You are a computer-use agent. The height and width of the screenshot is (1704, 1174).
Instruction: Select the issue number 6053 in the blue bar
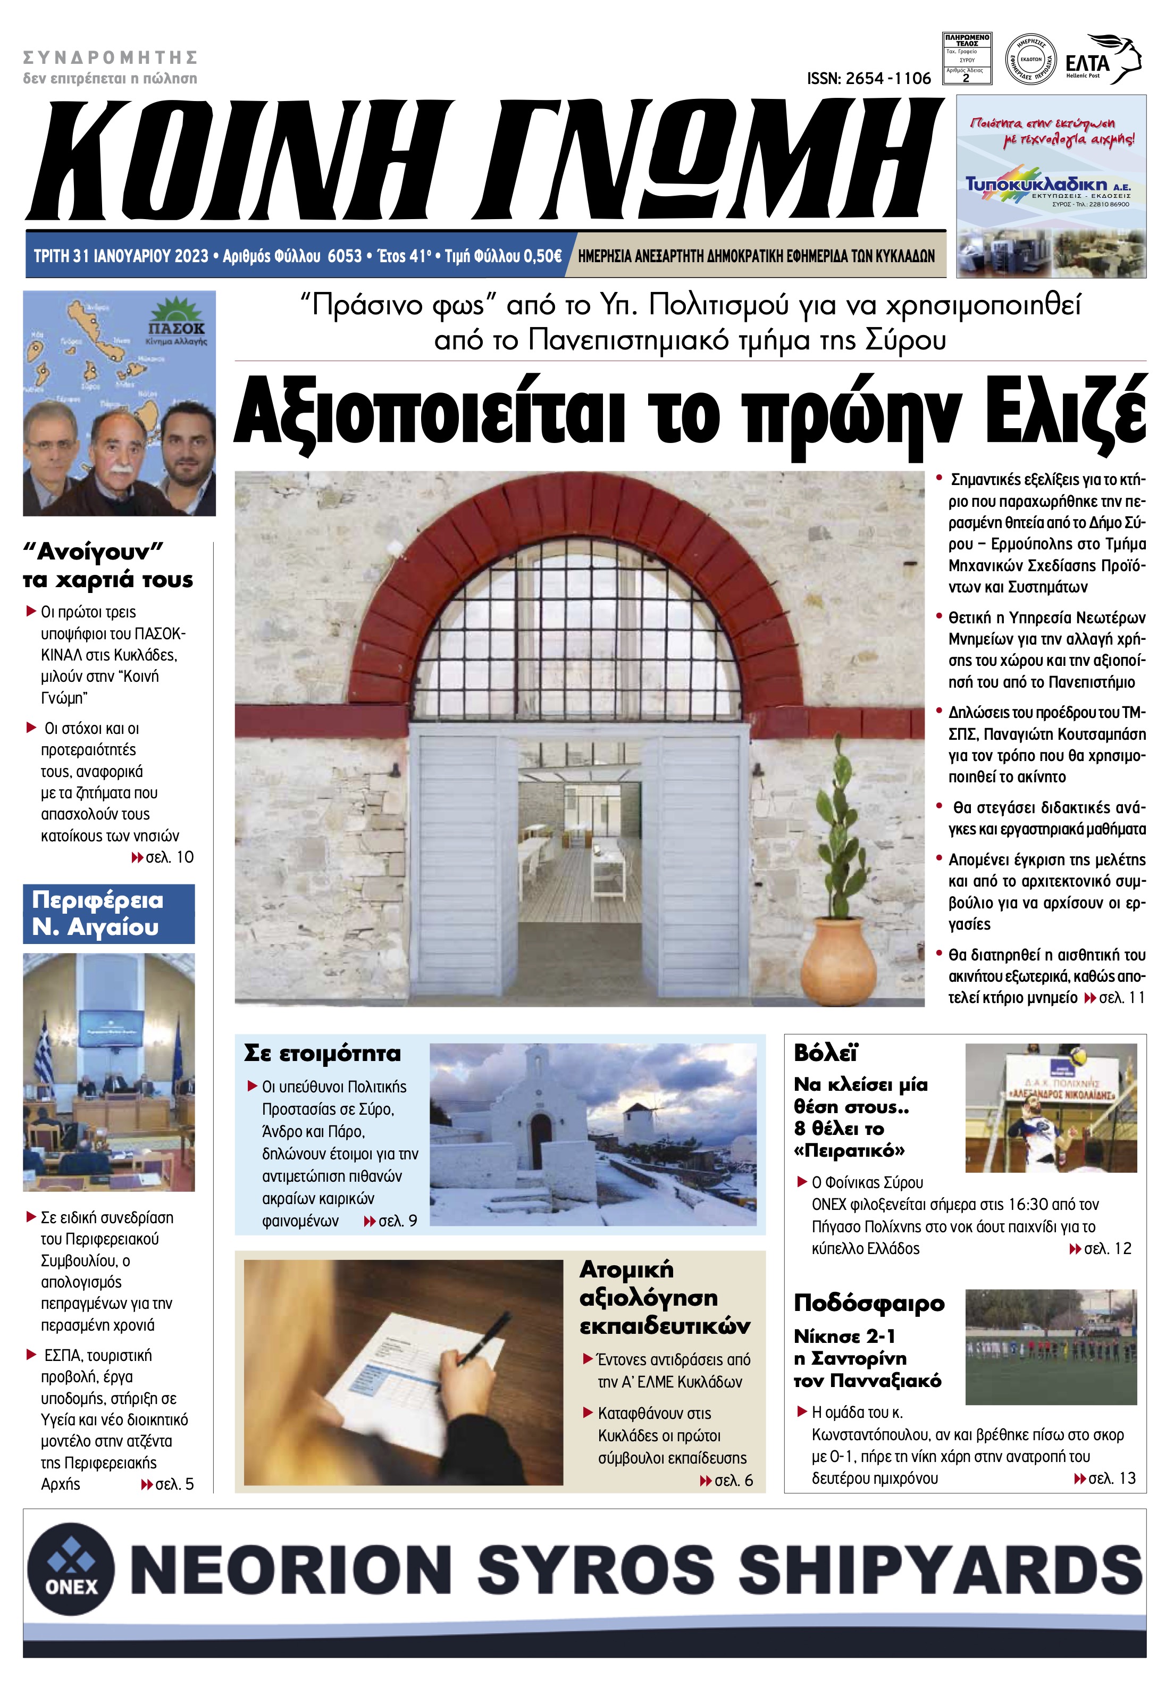[344, 256]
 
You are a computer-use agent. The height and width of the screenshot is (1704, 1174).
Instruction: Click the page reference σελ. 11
[1122, 998]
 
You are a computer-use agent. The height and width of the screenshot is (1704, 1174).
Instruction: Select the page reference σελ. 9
[397, 1221]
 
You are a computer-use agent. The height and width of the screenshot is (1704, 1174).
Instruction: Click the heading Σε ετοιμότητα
[322, 1054]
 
